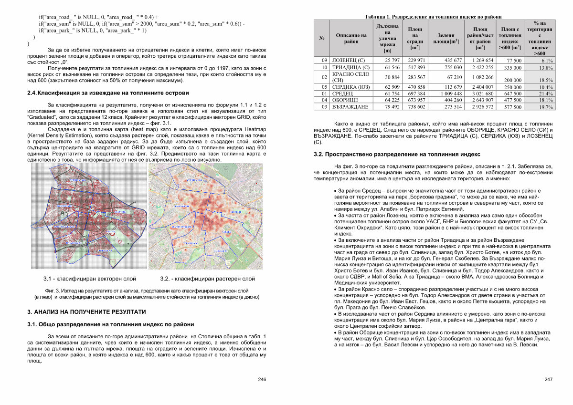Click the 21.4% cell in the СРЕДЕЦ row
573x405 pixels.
click(546, 94)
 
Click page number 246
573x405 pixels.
click(262, 379)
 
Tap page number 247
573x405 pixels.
click(548, 379)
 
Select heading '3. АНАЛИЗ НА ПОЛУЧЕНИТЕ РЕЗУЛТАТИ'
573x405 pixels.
click(86, 312)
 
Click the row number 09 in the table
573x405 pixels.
click(324, 61)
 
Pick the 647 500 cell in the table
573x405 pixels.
click(510, 94)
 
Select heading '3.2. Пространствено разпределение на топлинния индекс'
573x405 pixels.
click(396, 155)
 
